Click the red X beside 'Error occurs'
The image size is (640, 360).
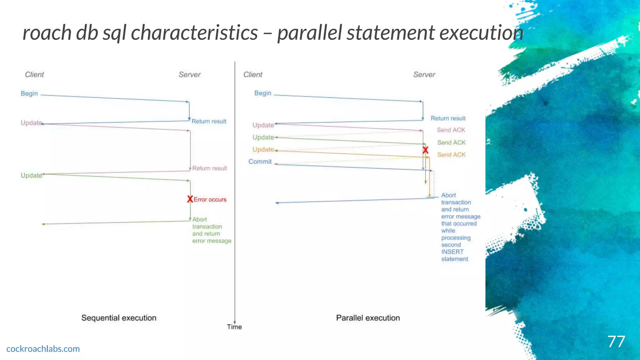point(190,199)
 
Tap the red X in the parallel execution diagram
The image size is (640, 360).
point(425,150)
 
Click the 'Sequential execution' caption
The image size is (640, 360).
point(119,318)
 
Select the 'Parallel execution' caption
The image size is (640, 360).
point(368,318)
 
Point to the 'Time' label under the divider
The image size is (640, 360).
point(234,327)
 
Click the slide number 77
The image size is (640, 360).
point(616,342)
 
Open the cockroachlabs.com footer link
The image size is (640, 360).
point(43,349)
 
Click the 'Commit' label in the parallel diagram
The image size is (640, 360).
point(260,162)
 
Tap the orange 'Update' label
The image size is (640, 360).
point(263,149)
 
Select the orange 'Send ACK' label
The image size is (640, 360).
point(451,155)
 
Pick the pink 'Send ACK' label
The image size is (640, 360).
point(451,130)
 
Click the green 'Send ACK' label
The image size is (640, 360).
point(451,142)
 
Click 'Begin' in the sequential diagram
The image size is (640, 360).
point(29,93)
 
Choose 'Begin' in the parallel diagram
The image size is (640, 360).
point(262,93)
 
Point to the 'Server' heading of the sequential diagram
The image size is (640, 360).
point(189,75)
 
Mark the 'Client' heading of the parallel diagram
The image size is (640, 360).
point(253,75)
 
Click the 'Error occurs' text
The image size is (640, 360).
point(210,200)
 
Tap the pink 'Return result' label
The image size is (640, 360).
point(209,168)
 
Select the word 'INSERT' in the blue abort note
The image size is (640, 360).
point(452,252)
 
